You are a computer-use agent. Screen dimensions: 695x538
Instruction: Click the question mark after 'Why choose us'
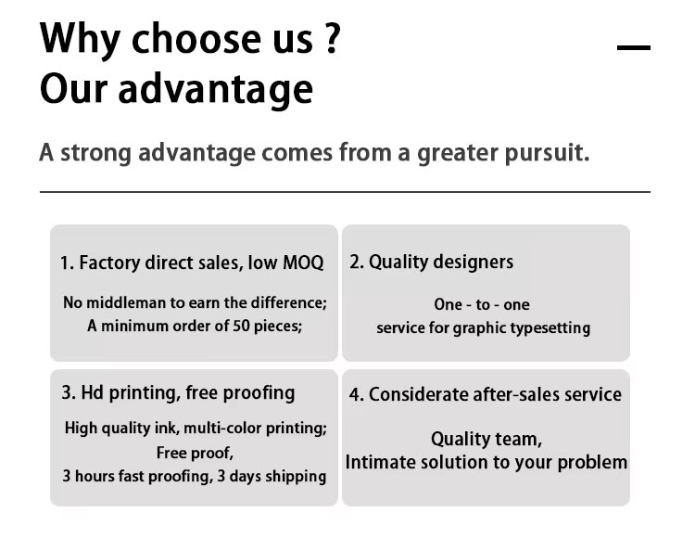(332, 38)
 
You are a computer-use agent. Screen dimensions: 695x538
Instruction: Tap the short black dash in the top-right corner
(634, 47)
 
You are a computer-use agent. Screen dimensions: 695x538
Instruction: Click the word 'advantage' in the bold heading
(215, 89)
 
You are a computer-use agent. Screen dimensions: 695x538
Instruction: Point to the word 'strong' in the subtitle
(95, 153)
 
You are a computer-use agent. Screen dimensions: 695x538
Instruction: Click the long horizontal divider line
(345, 192)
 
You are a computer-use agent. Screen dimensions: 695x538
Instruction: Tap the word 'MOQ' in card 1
(303, 263)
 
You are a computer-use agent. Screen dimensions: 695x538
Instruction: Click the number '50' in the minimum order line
(241, 326)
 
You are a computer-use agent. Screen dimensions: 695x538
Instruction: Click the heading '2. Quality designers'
(431, 262)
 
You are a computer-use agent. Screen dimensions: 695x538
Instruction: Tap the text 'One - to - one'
(482, 304)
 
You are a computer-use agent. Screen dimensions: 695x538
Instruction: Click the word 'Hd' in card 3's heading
(92, 392)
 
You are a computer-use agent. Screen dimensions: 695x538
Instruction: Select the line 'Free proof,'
(195, 453)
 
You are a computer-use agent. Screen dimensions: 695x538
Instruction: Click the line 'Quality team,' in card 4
(486, 439)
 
